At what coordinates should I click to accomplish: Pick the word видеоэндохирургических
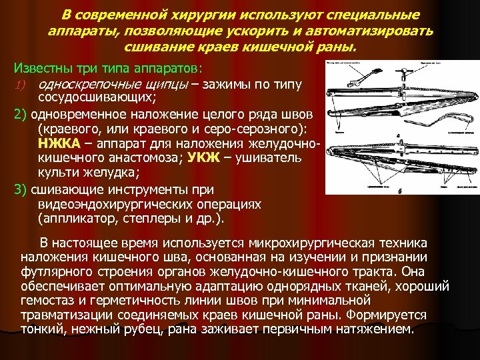tap(130, 203)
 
